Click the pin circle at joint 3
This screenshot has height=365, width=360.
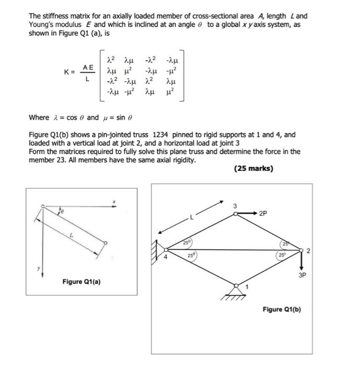click(235, 213)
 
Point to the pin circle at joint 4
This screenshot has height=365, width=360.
click(166, 249)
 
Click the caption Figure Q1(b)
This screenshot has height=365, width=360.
click(282, 309)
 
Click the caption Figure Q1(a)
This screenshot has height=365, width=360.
click(82, 282)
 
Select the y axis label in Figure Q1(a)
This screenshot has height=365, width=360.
click(37, 269)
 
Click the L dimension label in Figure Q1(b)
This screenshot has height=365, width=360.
click(191, 219)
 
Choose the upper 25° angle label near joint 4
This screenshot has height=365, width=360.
click(186, 242)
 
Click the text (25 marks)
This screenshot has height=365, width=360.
click(254, 168)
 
